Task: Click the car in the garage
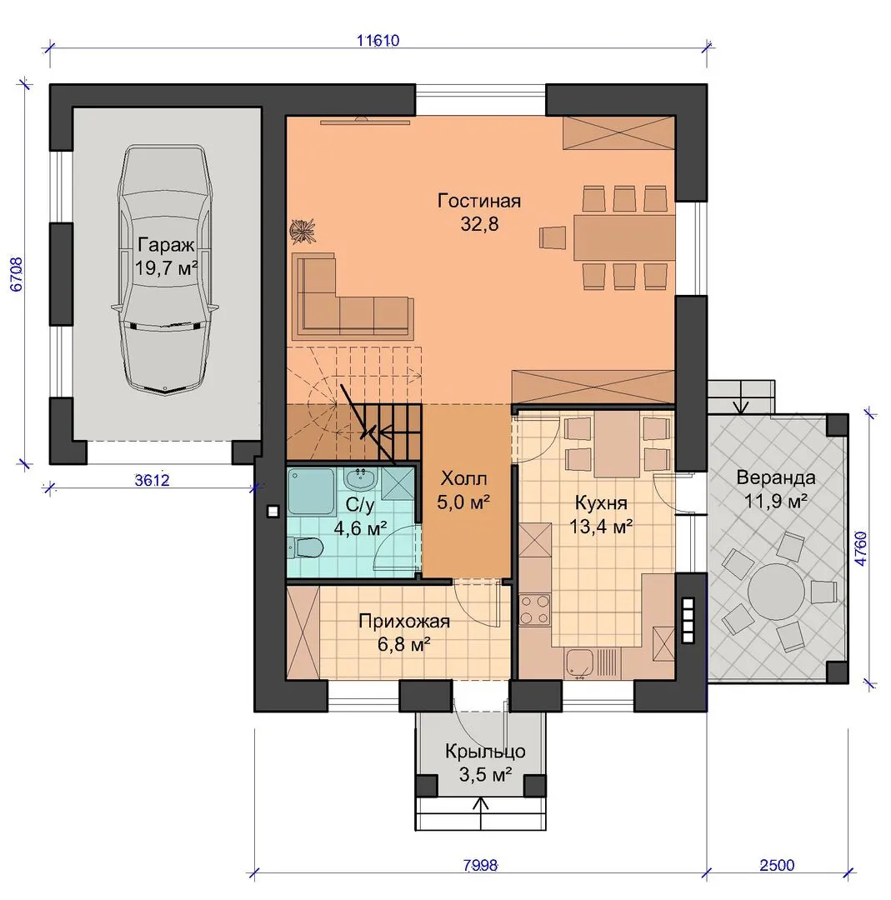[x=165, y=270]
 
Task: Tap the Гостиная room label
[x=479, y=201]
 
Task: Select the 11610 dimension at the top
[x=378, y=41]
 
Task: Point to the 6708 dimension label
[x=16, y=274]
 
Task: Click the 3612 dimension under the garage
[x=153, y=480]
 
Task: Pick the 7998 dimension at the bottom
[x=481, y=865]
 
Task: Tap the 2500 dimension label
[x=778, y=865]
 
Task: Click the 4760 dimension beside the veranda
[x=860, y=548]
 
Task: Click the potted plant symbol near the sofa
[x=303, y=230]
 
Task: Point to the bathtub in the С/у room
[x=311, y=492]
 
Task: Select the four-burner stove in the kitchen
[x=534, y=610]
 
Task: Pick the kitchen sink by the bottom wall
[x=581, y=662]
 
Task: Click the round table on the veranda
[x=777, y=591]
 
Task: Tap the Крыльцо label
[x=485, y=752]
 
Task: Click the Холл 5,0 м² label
[x=463, y=491]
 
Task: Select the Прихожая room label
[x=404, y=621]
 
